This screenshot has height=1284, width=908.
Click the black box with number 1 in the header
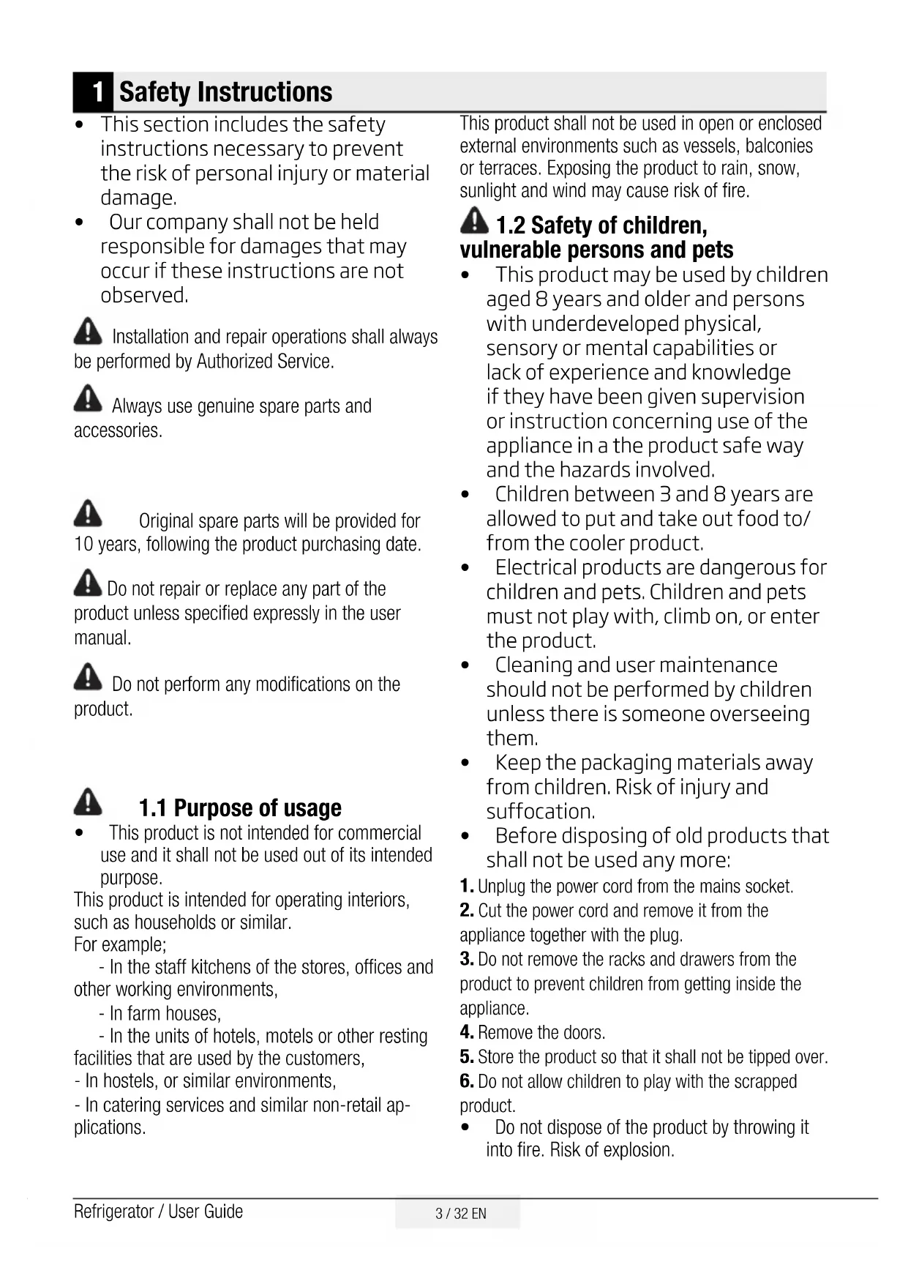click(94, 92)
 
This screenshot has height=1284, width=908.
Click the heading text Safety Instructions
click(225, 92)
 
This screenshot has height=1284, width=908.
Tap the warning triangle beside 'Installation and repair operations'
click(88, 332)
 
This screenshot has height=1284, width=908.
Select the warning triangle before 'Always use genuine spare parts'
click(88, 399)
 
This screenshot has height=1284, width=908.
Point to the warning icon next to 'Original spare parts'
click(88, 514)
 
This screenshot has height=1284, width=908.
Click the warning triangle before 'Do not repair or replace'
click(88, 583)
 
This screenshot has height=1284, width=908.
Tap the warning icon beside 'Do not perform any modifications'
click(88, 677)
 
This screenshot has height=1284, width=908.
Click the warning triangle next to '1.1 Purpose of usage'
click(88, 802)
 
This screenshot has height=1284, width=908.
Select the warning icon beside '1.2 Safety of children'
click(475, 220)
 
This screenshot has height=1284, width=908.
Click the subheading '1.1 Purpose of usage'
click(240, 808)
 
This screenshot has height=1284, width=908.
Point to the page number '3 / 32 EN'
click(460, 1214)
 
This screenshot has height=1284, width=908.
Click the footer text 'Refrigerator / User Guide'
click(158, 1212)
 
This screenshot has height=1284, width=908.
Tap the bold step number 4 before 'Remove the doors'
click(467, 1033)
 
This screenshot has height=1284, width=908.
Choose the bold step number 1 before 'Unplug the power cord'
click(466, 887)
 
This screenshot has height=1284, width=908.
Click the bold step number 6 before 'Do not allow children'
click(467, 1081)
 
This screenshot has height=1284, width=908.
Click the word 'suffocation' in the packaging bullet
click(540, 812)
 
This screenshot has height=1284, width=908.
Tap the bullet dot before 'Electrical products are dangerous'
click(466, 569)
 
